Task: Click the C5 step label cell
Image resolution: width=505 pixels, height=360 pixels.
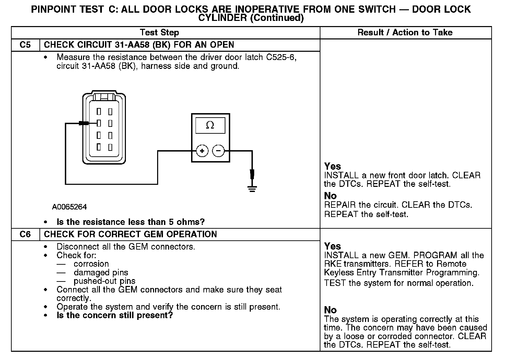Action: click(25, 45)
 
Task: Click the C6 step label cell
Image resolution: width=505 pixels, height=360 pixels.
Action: click(25, 235)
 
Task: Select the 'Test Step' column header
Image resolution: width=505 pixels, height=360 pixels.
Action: click(159, 33)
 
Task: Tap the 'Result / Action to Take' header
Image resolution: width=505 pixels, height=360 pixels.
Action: click(405, 33)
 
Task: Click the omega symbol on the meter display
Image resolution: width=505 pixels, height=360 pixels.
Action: click(210, 125)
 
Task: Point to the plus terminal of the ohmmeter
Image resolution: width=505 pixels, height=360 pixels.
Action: click(202, 151)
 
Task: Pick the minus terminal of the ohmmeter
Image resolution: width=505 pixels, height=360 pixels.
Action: click(219, 151)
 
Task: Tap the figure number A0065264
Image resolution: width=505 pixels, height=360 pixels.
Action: click(69, 207)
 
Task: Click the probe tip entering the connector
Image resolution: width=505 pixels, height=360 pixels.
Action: click(84, 123)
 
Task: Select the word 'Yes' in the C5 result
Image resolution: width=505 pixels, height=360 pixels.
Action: click(332, 166)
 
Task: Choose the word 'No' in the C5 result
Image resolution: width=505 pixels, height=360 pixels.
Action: click(330, 196)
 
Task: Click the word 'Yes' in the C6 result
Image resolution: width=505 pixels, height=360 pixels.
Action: click(332, 246)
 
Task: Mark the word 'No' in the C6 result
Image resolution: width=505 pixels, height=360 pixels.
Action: click(330, 310)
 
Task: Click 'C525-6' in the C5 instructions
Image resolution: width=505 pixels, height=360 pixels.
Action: click(281, 57)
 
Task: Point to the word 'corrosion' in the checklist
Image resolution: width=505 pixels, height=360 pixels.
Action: click(91, 264)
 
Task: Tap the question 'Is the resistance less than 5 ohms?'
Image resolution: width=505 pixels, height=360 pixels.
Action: click(130, 222)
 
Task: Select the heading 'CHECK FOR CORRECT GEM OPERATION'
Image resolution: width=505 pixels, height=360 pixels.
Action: click(130, 235)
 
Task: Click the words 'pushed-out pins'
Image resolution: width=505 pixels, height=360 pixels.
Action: click(104, 281)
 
